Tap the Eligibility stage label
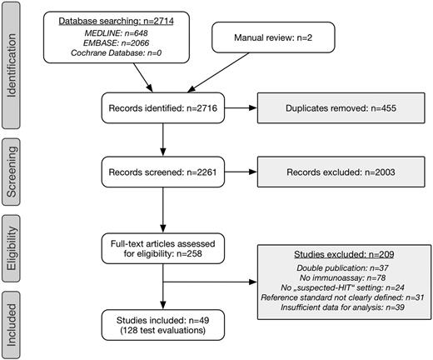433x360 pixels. (12, 250)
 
